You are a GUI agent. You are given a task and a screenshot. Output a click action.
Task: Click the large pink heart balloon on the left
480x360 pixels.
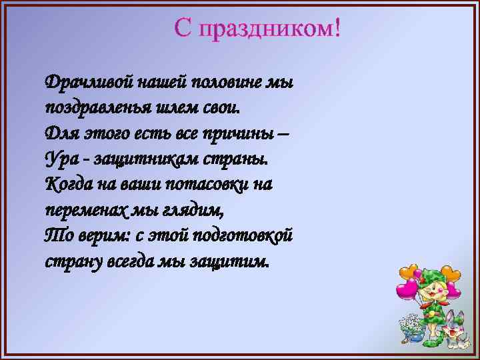click(406, 291)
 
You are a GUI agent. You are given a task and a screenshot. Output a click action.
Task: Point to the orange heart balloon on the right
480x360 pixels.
click(453, 273)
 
